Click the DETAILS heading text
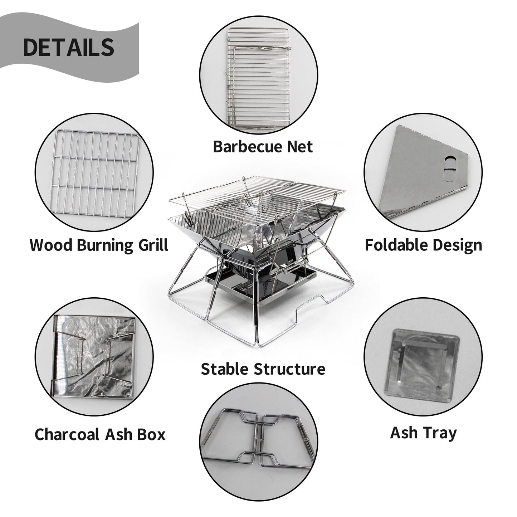pos(68,47)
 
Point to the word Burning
pos(101,246)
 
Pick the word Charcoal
pos(67,434)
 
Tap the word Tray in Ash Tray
pos(441,433)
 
